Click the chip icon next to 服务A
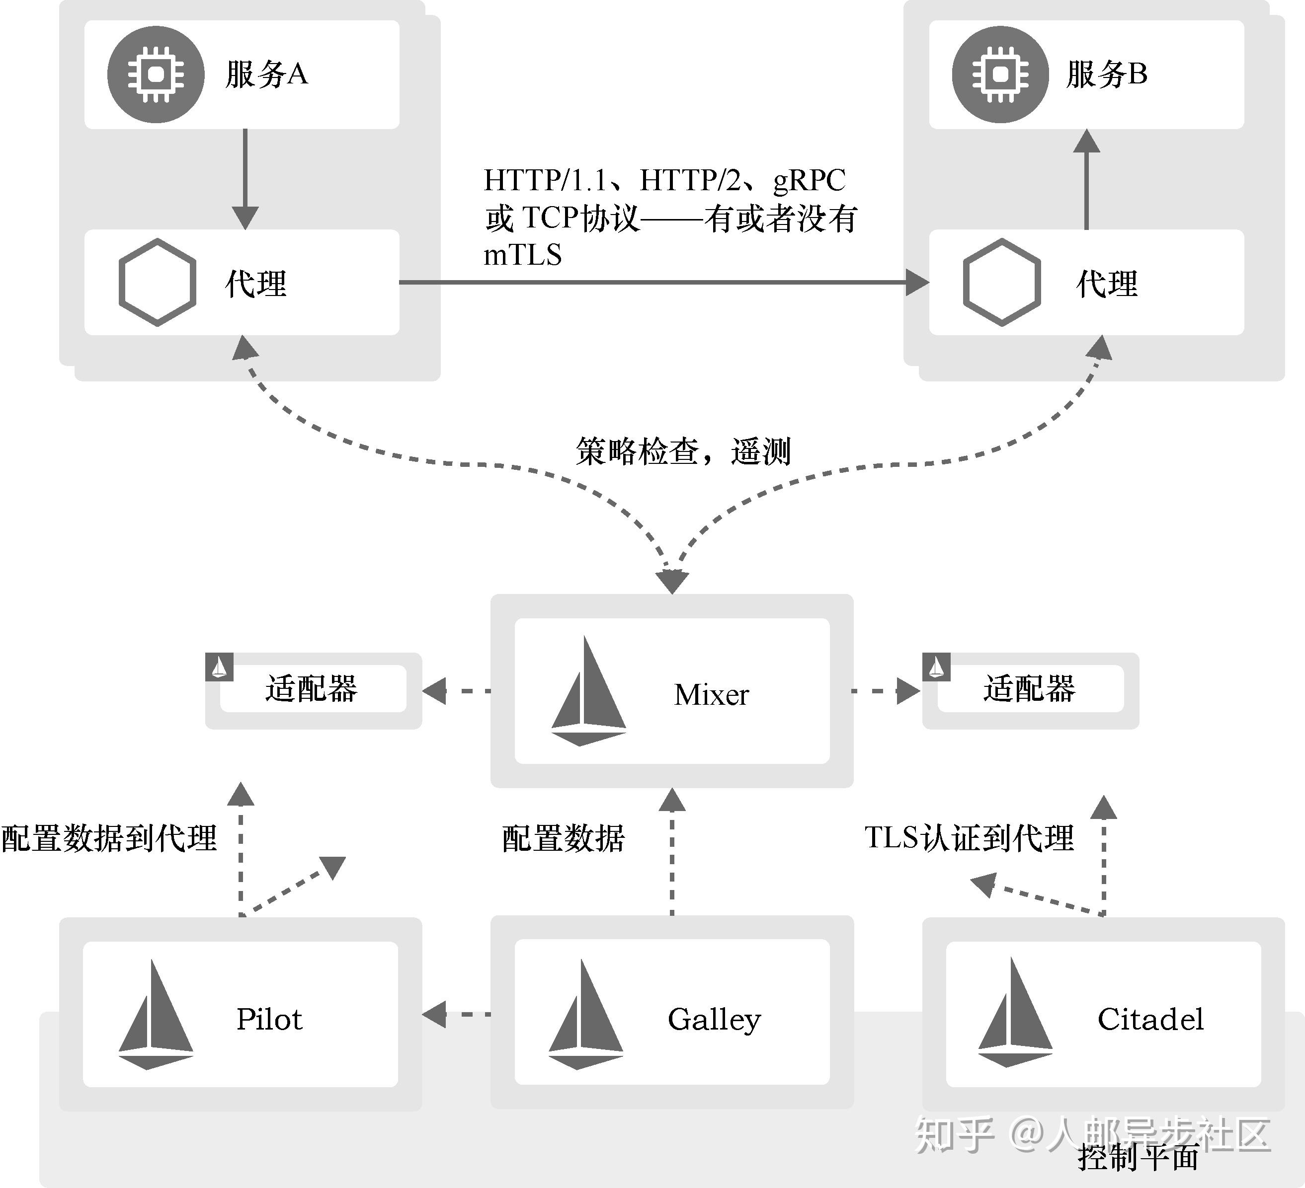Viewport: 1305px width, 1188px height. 156,74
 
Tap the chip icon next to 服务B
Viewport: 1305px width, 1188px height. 1000,74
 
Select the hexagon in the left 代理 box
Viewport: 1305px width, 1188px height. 158,282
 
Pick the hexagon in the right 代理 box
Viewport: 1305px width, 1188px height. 1001,282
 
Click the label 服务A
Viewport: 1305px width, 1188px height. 266,74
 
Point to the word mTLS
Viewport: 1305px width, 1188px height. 522,255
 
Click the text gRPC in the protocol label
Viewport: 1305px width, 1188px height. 809,180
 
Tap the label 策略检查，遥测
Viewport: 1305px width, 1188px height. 683,451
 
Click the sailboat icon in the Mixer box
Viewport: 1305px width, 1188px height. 588,692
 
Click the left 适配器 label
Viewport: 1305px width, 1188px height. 312,688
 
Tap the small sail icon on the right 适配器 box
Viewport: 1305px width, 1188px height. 936,667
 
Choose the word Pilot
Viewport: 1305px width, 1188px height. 269,1019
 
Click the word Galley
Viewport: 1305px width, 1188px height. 714,1019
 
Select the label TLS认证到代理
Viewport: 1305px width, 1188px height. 969,837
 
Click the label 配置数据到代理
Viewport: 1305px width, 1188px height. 109,838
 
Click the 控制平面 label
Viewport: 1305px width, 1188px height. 1138,1156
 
